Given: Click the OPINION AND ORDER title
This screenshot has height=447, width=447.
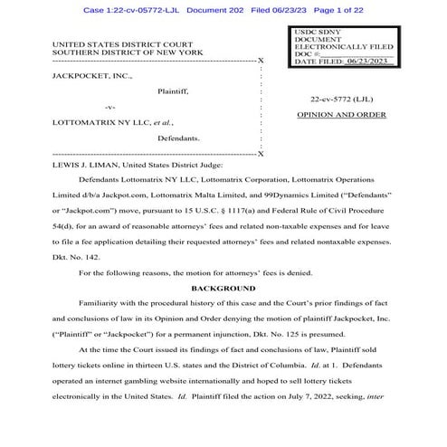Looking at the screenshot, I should click(x=341, y=116).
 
